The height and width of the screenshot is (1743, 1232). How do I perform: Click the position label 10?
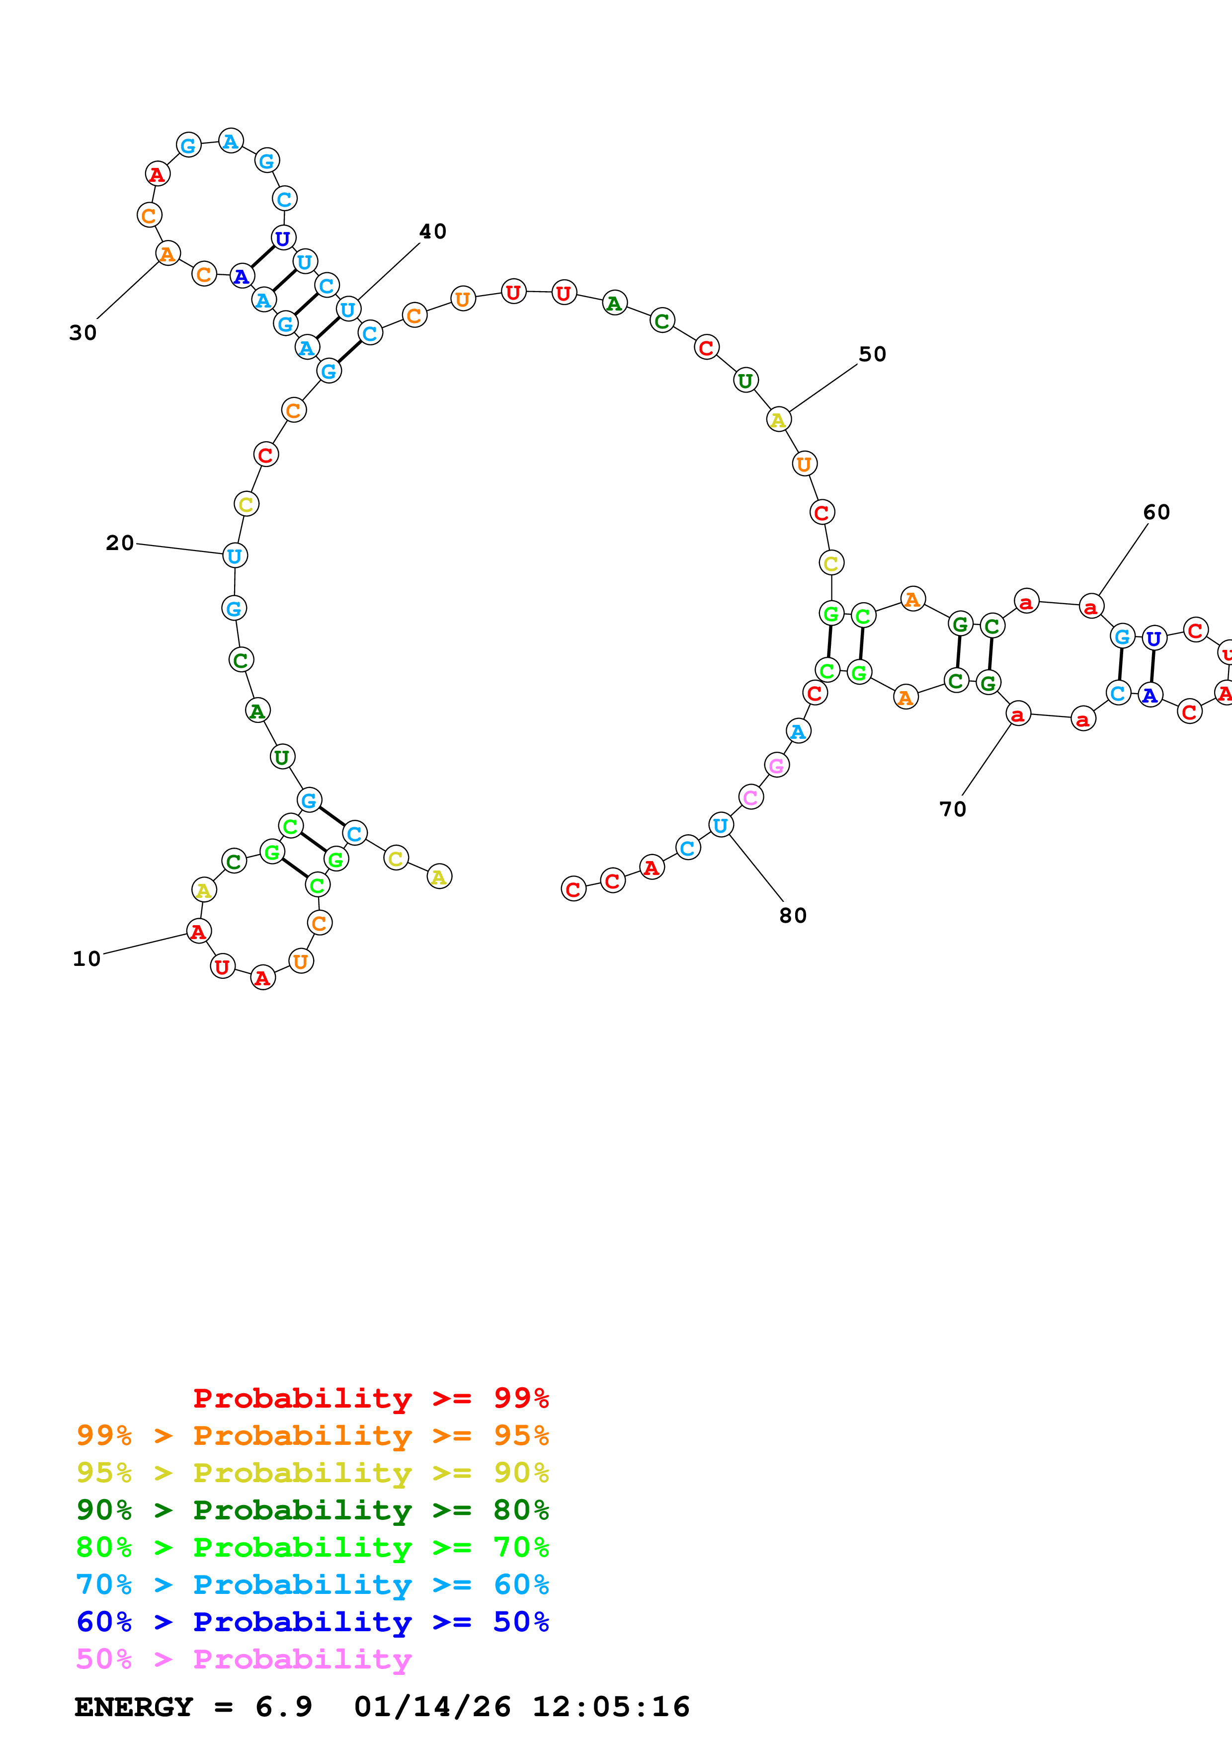coord(86,959)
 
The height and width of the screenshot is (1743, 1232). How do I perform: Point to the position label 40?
coord(433,232)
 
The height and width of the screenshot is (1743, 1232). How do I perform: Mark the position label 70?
coord(953,809)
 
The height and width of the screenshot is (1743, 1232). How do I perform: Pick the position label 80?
coord(793,916)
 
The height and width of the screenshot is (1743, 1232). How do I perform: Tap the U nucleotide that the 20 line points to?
coord(235,555)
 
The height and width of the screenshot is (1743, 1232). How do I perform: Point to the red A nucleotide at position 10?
coord(199,932)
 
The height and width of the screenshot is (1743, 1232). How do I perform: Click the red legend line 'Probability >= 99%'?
coord(370,1398)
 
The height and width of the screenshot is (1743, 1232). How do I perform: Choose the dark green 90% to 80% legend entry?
coord(312,1510)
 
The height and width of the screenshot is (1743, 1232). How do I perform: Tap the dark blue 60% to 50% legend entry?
coord(312,1622)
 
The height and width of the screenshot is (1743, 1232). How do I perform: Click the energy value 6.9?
coord(283,1707)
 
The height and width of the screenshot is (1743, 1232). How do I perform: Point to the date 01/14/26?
coord(432,1707)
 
